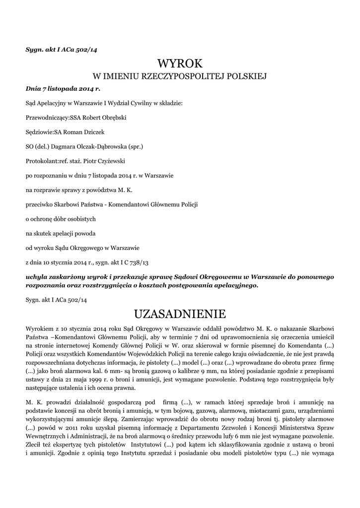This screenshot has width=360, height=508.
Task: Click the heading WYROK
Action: coord(180,63)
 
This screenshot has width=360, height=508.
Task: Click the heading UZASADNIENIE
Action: coord(180,314)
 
